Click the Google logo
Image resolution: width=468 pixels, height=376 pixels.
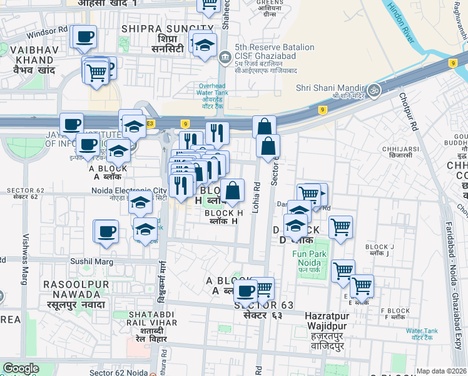(21, 368)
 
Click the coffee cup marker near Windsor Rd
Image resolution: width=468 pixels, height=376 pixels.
(84, 36)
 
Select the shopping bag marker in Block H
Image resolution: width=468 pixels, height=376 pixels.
(232, 191)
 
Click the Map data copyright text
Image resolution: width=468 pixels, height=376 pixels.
(441, 371)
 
